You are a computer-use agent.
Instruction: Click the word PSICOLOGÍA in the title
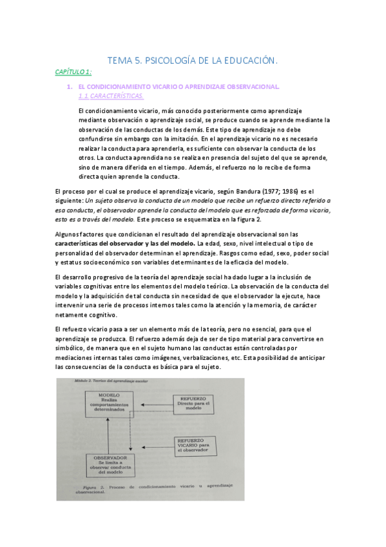coord(173,61)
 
